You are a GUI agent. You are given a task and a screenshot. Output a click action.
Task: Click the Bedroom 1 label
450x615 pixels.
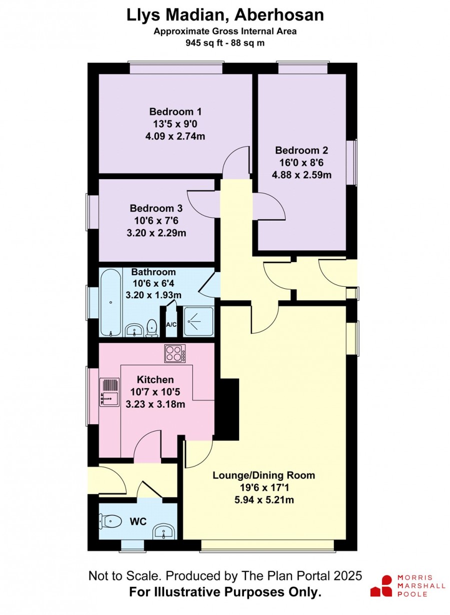[x=175, y=112]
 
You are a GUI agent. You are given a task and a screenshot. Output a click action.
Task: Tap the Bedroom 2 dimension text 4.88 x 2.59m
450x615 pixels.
[x=301, y=175]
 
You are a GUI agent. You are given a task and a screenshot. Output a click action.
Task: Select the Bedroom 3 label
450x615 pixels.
[x=156, y=208]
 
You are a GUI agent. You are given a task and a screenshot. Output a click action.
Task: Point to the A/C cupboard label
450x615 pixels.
[x=171, y=325]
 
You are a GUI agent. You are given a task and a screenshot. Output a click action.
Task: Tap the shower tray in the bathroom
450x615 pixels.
[x=198, y=321]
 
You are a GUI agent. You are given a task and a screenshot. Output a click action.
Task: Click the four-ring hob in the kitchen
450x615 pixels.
[x=175, y=353]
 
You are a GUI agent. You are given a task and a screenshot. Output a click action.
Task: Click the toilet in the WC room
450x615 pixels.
[x=110, y=520]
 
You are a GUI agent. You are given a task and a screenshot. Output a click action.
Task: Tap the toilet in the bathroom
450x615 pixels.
[x=151, y=328]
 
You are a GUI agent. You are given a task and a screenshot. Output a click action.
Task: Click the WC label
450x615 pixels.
[x=138, y=521]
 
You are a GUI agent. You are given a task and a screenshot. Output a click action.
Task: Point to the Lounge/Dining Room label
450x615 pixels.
[x=263, y=475]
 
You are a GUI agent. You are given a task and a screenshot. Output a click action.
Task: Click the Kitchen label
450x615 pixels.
[x=155, y=380]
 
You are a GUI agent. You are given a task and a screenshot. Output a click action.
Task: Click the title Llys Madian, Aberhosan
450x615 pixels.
[x=225, y=15]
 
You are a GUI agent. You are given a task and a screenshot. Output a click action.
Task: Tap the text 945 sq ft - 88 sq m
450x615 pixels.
[x=225, y=43]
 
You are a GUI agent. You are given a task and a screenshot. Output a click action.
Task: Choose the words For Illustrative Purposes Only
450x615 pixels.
[x=225, y=591]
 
